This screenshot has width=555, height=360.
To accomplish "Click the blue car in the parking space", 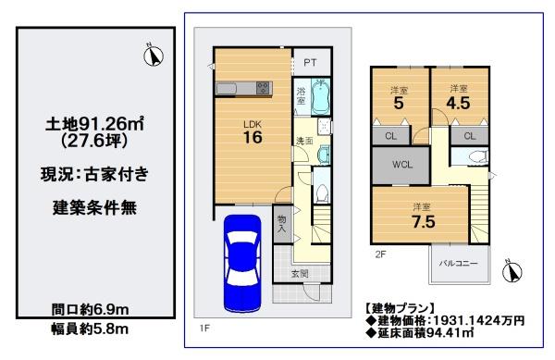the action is [x=242, y=264].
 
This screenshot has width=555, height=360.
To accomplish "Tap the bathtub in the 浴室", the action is [x=321, y=96].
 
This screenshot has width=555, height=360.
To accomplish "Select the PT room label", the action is [x=311, y=63].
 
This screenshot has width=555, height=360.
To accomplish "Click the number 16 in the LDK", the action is [x=253, y=137].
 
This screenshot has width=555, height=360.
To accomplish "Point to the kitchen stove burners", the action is [x=263, y=88].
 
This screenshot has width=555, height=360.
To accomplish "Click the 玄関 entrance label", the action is [x=300, y=273].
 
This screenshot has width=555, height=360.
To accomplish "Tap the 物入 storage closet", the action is [x=282, y=224].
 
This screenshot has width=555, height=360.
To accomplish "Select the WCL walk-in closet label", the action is [x=402, y=165].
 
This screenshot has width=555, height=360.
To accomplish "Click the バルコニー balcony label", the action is [x=459, y=264].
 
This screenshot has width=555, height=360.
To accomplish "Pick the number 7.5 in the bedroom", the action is [x=424, y=222].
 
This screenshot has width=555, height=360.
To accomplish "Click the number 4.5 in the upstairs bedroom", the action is [x=458, y=103].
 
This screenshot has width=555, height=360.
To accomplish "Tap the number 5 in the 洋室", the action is [x=399, y=103].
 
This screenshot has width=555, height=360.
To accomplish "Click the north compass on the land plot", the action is [x=154, y=56].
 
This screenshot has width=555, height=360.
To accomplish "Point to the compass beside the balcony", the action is [x=512, y=272].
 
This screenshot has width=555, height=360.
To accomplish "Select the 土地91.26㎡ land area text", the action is [x=94, y=124].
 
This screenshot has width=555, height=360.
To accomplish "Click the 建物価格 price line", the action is [x=446, y=321].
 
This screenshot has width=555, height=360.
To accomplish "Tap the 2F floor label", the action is [x=380, y=254].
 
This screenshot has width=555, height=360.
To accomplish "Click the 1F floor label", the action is [x=204, y=329].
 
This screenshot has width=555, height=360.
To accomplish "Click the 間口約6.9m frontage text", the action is [x=90, y=310].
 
